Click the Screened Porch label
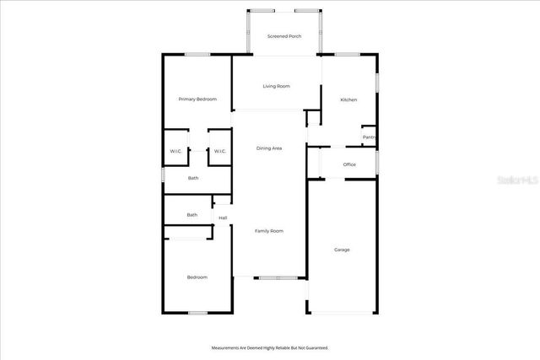click(x=284, y=36)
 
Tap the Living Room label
click(x=276, y=86)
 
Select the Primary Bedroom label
click(x=197, y=99)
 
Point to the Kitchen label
click(x=348, y=99)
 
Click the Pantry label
click(x=369, y=137)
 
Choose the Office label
click(x=349, y=164)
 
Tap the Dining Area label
click(x=269, y=148)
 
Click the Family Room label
click(x=269, y=231)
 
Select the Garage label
click(x=342, y=250)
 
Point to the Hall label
click(x=223, y=218)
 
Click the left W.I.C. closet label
click(x=175, y=152)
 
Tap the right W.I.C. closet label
click(x=219, y=152)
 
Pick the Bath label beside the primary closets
click(x=193, y=178)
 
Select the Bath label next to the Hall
click(x=192, y=215)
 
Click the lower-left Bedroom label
click(x=197, y=277)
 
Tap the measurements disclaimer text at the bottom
click(x=269, y=347)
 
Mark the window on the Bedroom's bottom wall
click(x=197, y=313)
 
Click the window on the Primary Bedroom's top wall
click(x=197, y=55)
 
